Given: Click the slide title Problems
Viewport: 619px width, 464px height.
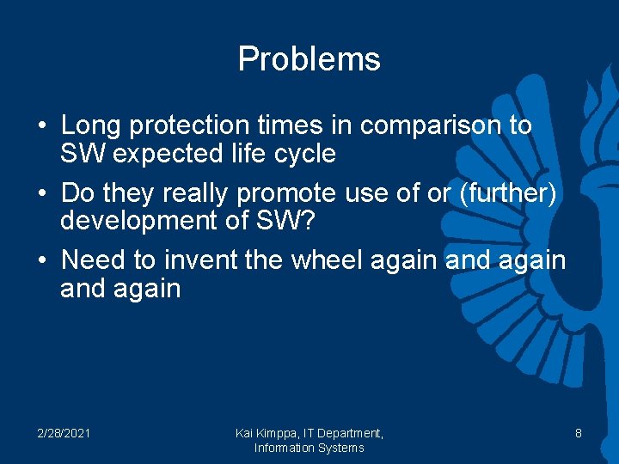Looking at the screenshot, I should coord(309,59).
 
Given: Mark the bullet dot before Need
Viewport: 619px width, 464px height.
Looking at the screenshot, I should coord(42,259).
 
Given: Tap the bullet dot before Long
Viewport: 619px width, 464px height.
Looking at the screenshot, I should coord(42,126).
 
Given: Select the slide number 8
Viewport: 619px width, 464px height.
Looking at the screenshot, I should coord(579,433).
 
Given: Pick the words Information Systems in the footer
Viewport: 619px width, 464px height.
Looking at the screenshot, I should coord(309,448).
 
